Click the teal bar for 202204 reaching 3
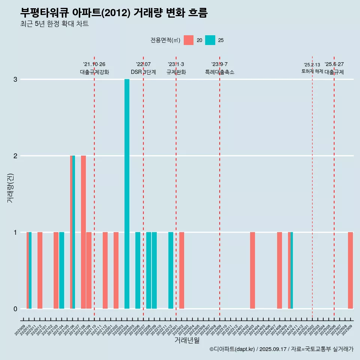pyautogui.click(x=127, y=194)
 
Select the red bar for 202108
pyautogui.click(x=83, y=232)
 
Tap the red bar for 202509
pyautogui.click(x=350, y=270)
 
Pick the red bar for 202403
pyautogui.click(x=252, y=270)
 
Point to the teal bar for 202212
pyautogui.click(x=171, y=270)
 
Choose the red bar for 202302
pyautogui.click(x=181, y=270)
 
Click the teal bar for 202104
pyautogui.click(x=61, y=270)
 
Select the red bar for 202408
pyautogui.click(x=279, y=270)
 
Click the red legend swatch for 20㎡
pyautogui.click(x=189, y=40)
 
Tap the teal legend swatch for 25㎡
pyautogui.click(x=210, y=40)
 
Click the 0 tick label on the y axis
pyautogui.click(x=15, y=309)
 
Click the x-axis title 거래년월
pyautogui.click(x=187, y=340)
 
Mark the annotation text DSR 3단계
pyautogui.click(x=143, y=72)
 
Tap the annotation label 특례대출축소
pyautogui.click(x=219, y=72)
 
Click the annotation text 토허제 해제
pyautogui.click(x=312, y=71)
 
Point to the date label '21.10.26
pyautogui.click(x=94, y=64)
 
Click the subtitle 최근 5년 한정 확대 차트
pyautogui.click(x=54, y=24)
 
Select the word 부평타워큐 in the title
pyautogui.click(x=44, y=13)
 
